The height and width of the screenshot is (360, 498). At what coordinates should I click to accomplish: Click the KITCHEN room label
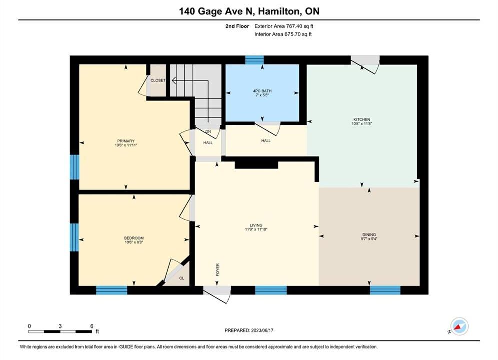pyautogui.click(x=362, y=119)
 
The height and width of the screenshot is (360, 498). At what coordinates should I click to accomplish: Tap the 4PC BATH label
pyautogui.click(x=262, y=91)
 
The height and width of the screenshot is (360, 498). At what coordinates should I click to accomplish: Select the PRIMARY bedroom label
pyautogui.click(x=126, y=141)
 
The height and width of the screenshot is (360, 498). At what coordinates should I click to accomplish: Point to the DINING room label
pyautogui.click(x=369, y=234)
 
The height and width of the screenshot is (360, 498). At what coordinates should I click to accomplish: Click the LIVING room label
pyautogui.click(x=256, y=225)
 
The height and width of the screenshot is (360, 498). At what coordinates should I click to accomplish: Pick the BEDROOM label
pyautogui.click(x=134, y=238)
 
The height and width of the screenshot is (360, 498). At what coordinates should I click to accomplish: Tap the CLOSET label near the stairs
pyautogui.click(x=158, y=80)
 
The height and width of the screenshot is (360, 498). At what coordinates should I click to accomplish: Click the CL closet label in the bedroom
pyautogui.click(x=181, y=278)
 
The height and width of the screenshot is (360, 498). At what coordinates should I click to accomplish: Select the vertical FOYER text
pyautogui.click(x=218, y=270)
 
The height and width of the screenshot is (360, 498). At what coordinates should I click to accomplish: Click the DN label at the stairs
pyautogui.click(x=208, y=131)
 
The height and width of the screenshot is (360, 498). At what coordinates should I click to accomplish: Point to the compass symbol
pyautogui.click(x=459, y=326)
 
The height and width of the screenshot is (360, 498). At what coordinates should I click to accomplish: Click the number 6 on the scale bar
pyautogui.click(x=92, y=326)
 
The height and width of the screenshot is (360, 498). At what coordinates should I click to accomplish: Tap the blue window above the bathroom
pyautogui.click(x=254, y=60)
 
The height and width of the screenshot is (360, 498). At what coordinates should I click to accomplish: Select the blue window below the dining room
pyautogui.click(x=385, y=290)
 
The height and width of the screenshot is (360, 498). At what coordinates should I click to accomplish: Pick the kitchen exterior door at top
pyautogui.click(x=365, y=64)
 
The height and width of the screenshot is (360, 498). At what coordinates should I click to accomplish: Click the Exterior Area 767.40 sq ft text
pyautogui.click(x=284, y=26)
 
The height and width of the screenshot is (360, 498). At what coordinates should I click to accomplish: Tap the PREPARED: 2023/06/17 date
pyautogui.click(x=249, y=330)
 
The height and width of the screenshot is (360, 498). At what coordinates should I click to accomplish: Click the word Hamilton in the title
pyautogui.click(x=279, y=11)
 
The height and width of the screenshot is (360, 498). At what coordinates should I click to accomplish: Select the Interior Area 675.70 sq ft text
pyautogui.click(x=283, y=34)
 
